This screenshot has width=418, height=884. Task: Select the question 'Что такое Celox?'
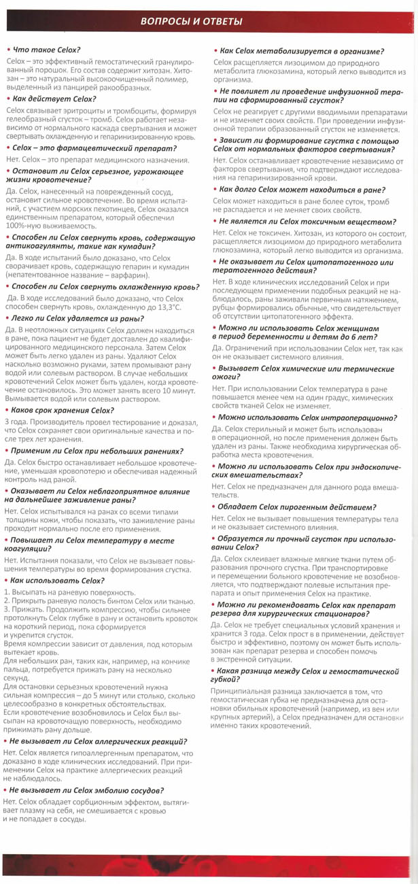[x=45, y=50]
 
